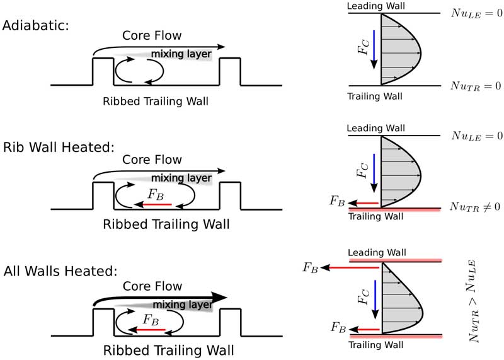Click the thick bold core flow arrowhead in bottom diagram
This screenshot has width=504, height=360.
click(219, 298)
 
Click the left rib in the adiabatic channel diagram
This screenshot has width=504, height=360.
click(103, 71)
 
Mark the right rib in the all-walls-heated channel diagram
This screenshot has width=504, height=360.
click(230, 322)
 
